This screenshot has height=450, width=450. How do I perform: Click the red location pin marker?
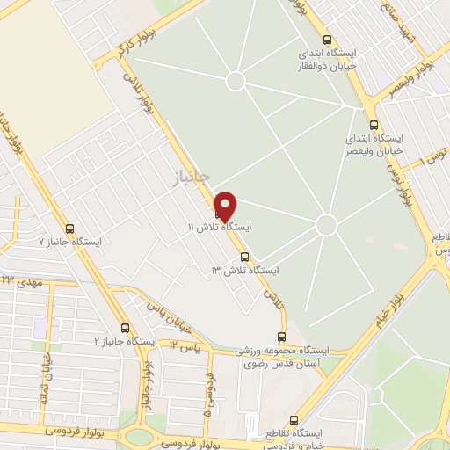point(226,205)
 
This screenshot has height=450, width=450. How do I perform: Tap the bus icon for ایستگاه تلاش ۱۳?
point(243,258)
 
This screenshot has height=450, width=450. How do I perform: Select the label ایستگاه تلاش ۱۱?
point(220,227)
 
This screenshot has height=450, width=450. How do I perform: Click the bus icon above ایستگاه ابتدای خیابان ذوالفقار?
point(328,40)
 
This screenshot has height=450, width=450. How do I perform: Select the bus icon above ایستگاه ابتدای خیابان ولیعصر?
point(374,124)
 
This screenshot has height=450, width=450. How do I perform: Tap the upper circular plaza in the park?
point(236,82)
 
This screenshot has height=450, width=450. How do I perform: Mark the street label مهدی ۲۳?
point(21,282)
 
